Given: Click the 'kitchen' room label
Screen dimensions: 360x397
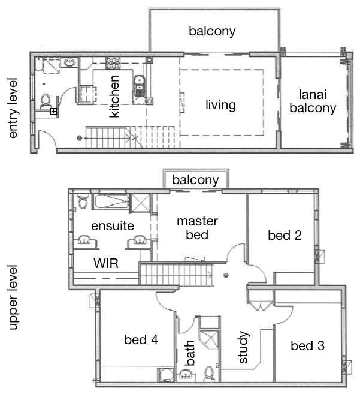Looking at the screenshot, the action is (x=114, y=96).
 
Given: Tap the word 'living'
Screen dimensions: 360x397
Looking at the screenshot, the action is (x=220, y=105).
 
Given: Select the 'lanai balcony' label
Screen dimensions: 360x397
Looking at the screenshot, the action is (x=313, y=101).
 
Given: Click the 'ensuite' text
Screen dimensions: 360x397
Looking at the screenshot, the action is (x=113, y=226).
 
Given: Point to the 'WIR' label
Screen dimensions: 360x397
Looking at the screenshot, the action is (x=106, y=264).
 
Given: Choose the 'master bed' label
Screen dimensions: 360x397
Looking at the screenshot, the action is (x=197, y=228).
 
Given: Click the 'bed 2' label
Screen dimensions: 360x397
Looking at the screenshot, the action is (x=285, y=236).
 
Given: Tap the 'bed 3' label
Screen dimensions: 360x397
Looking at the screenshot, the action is (x=307, y=346).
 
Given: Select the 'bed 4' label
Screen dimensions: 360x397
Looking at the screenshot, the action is (x=141, y=339).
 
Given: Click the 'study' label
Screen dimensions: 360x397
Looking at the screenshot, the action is (x=243, y=347).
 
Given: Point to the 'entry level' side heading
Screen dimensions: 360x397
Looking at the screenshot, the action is (x=13, y=108).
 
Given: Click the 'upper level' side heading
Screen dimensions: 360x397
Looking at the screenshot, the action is (x=13, y=297).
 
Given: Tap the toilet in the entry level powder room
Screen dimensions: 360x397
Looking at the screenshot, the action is (x=46, y=101).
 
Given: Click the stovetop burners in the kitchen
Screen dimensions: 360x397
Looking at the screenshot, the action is (x=113, y=63).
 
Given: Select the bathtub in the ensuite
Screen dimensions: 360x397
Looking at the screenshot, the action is (x=112, y=201).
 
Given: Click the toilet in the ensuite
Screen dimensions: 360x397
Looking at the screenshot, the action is (x=83, y=201).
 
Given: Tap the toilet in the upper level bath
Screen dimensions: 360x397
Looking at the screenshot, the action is (x=209, y=374).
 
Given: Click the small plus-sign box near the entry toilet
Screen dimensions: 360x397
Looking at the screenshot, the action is (x=53, y=111).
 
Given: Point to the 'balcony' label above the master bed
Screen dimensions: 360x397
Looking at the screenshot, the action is (x=195, y=180).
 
